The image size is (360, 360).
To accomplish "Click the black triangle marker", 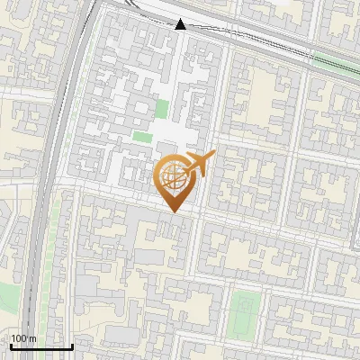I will pos(181,24).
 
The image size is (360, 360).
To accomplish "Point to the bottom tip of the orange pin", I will pos(173,212).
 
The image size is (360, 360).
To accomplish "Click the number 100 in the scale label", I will pos(19,338).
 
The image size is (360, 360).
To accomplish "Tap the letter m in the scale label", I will pos(32,338).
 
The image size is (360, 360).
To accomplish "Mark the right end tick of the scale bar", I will pos(73,346).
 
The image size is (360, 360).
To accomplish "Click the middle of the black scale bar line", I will pos(40,346).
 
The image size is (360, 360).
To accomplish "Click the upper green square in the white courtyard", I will pos(162,110).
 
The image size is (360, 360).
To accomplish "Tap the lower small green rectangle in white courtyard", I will pos(142,138).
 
